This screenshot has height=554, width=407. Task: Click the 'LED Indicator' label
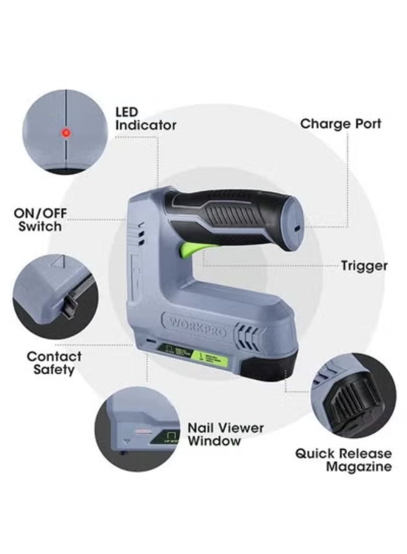click(x=146, y=119)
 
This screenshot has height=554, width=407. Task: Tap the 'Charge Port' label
click(x=340, y=124)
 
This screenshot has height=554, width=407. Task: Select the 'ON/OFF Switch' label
click(x=41, y=220)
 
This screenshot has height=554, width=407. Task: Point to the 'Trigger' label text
click(x=364, y=266)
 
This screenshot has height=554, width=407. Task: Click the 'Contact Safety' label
click(x=54, y=363)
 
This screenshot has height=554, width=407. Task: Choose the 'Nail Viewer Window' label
click(x=225, y=434)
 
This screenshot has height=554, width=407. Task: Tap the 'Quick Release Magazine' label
click(x=343, y=460)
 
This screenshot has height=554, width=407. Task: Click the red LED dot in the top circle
click(x=65, y=132)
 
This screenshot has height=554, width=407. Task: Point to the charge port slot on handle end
click(x=296, y=228)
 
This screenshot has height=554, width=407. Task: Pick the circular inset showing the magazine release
click(x=353, y=397)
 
